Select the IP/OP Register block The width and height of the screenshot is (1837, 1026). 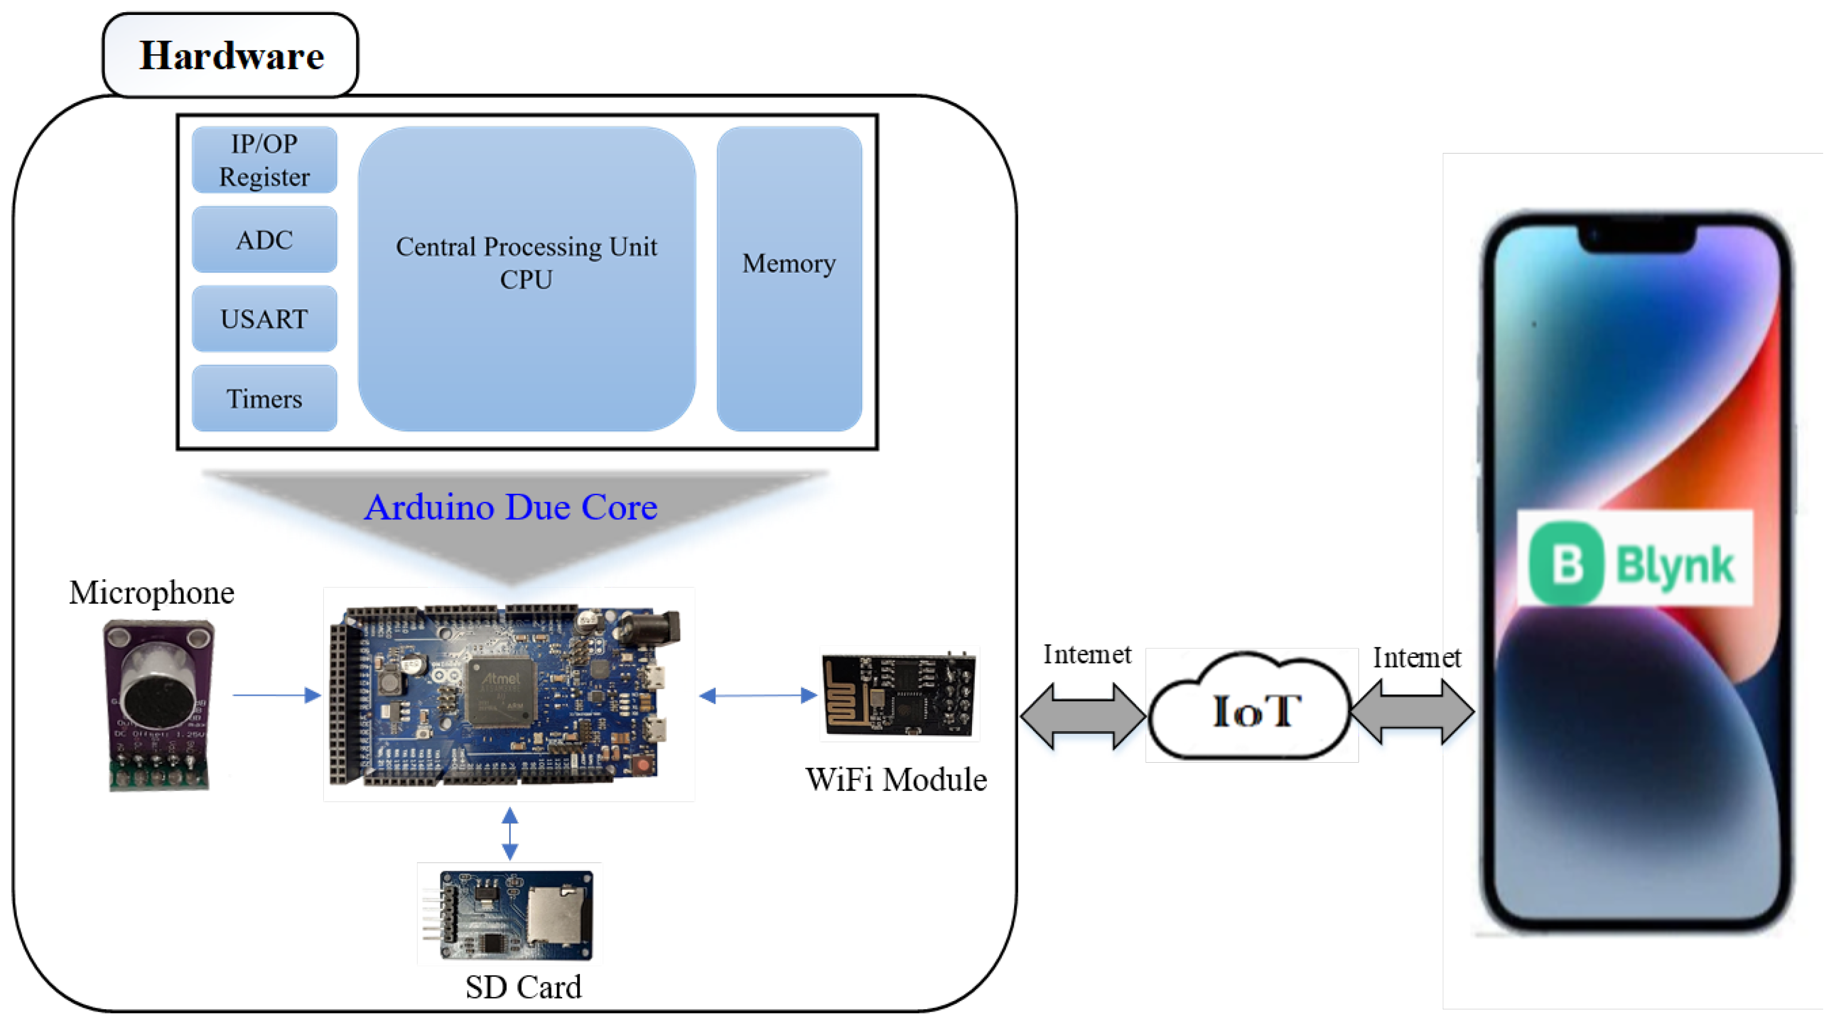[264, 160]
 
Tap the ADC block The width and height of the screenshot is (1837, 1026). [264, 239]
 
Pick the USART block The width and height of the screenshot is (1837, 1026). [264, 319]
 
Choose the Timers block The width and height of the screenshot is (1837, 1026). [264, 399]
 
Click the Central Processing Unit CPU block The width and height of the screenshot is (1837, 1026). [526, 278]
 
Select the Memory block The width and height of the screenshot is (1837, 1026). [788, 278]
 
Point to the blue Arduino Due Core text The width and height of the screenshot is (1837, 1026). [511, 508]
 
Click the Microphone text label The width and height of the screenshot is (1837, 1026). [151, 593]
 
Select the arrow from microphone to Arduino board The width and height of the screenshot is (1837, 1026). [277, 695]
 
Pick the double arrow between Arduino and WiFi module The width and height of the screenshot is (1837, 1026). [757, 696]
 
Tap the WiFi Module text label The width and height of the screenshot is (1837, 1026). [895, 780]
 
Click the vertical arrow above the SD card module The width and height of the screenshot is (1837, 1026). [510, 833]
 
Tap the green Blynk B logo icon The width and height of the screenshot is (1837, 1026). [1566, 563]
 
